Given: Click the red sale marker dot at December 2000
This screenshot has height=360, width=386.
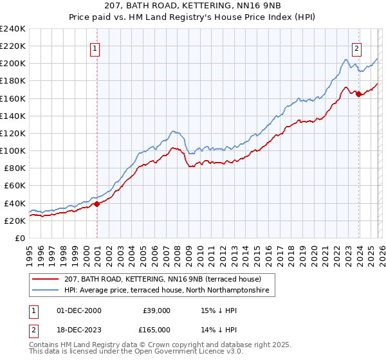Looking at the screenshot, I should click(97, 204).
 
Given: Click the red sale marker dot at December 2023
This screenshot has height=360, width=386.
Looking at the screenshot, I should click(358, 94).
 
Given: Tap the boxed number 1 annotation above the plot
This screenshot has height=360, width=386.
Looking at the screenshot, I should click(95, 48).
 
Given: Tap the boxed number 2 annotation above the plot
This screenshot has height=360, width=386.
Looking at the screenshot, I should click(356, 48).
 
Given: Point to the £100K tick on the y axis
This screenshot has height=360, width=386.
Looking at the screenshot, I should click(13, 150).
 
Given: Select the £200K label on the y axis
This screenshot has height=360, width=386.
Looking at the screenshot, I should click(13, 64).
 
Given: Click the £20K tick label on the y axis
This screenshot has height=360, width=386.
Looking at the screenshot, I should click(15, 221).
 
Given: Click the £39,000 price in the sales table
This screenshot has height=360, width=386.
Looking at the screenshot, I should click(156, 310).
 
